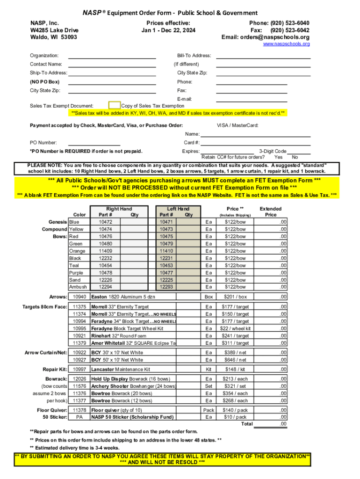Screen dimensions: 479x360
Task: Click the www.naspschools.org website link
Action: click(x=286, y=44)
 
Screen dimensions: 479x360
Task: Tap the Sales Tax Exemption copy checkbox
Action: click(x=115, y=106)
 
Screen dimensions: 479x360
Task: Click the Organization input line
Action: click(x=112, y=56)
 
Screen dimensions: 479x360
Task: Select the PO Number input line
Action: click(x=94, y=142)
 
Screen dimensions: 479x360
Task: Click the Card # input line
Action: click(x=256, y=142)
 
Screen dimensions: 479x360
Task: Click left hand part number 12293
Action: click(x=166, y=287)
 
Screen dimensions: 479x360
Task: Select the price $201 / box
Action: click(x=236, y=297)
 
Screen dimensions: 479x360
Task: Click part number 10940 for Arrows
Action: click(x=79, y=297)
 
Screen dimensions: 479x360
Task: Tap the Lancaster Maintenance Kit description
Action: click(x=121, y=370)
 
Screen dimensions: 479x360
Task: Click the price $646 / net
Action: click(x=236, y=360)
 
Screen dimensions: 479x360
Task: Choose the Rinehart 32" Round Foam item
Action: click(x=119, y=336)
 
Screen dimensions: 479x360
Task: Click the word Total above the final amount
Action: click(x=246, y=424)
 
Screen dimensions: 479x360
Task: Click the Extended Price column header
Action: click(x=271, y=212)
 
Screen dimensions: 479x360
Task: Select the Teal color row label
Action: click(x=74, y=265)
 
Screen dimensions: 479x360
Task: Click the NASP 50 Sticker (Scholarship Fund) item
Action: click(x=132, y=417)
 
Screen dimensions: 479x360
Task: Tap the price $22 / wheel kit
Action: click(x=236, y=328)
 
